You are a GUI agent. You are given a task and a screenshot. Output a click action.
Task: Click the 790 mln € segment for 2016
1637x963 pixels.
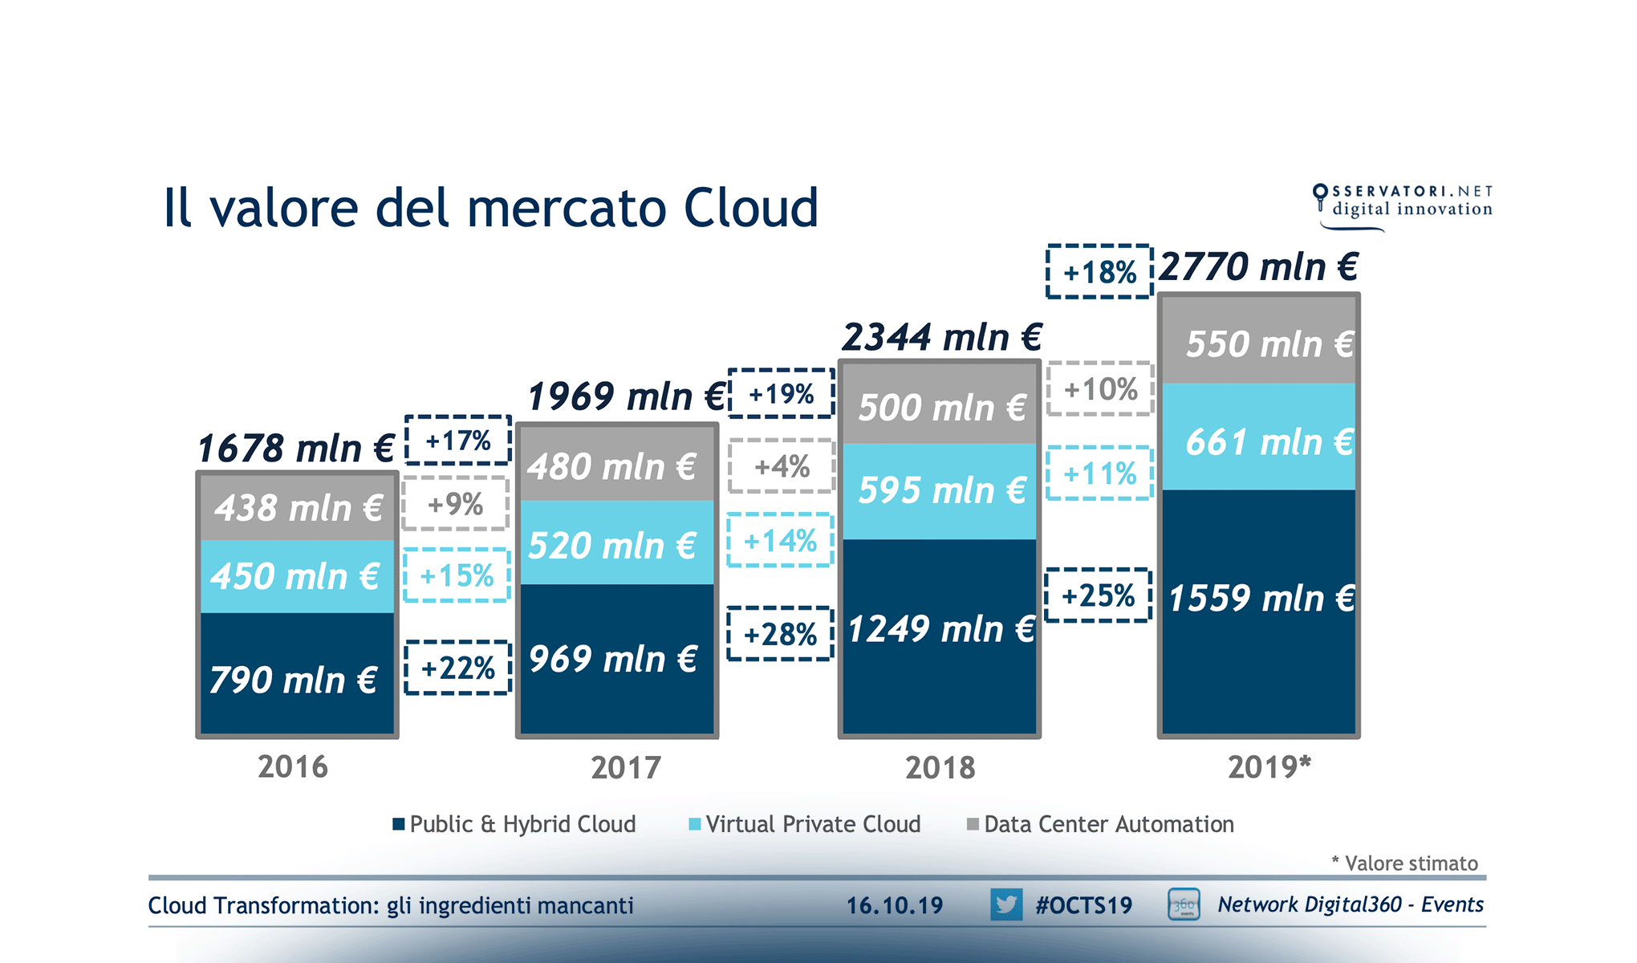click(297, 674)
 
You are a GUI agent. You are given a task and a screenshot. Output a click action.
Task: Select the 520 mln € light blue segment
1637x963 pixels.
click(616, 543)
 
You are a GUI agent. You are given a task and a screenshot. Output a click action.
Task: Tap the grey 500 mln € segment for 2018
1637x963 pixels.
click(940, 406)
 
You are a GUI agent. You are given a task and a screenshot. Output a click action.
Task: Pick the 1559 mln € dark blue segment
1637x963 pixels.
click(1258, 610)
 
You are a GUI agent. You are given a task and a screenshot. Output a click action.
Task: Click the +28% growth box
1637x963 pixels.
click(780, 635)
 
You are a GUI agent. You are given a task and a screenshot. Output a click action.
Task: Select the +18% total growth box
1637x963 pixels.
click(1099, 272)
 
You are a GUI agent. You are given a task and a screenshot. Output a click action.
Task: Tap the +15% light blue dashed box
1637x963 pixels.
click(457, 575)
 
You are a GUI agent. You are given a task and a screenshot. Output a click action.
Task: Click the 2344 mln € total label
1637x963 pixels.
click(941, 337)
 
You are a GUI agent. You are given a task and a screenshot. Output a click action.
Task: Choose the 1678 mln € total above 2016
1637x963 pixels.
click(296, 448)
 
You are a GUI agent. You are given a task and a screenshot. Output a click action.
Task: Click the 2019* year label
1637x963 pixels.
click(1269, 767)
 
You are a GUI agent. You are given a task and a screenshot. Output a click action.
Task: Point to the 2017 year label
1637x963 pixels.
click(626, 768)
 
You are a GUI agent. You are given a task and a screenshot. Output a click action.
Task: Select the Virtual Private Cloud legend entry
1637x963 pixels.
click(805, 824)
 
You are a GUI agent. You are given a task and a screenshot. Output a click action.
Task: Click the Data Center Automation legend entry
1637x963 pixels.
click(1101, 824)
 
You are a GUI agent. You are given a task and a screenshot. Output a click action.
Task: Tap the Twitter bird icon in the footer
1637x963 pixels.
click(1005, 904)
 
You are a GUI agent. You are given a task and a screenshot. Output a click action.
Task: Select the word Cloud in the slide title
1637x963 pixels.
click(750, 208)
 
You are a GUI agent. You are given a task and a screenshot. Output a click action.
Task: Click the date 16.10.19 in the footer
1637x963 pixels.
click(895, 905)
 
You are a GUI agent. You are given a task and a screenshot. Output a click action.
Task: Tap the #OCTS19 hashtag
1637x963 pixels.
click(1083, 905)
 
